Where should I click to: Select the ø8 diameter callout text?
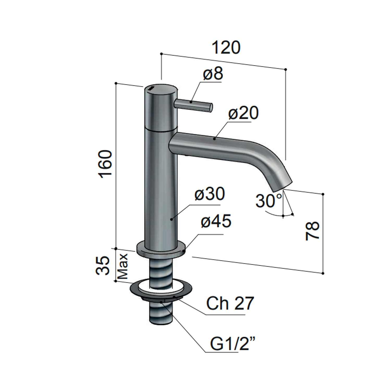click(x=213, y=74)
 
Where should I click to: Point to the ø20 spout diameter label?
click(x=243, y=113)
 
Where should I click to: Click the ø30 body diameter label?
click(x=210, y=194)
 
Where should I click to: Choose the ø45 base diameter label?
click(x=216, y=221)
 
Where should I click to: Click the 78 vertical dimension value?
click(x=312, y=231)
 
